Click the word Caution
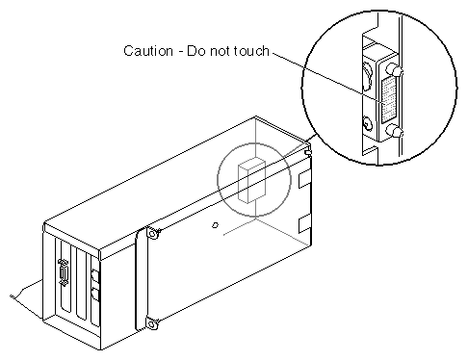click(x=148, y=51)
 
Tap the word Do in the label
click(x=195, y=51)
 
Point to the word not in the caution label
click(x=220, y=51)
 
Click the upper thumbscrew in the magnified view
click(x=394, y=69)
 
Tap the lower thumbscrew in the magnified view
click(x=394, y=132)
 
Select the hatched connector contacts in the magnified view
click(x=388, y=100)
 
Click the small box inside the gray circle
click(x=251, y=180)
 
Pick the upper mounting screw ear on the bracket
click(x=153, y=233)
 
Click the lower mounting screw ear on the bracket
click(x=152, y=323)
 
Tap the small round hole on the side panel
click(x=215, y=225)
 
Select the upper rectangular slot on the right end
click(x=304, y=179)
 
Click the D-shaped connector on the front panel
click(x=64, y=272)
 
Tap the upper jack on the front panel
click(x=95, y=275)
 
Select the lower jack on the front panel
click(x=95, y=294)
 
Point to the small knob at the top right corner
click(x=308, y=151)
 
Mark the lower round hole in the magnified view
click(x=367, y=123)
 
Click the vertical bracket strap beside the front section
click(x=141, y=280)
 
